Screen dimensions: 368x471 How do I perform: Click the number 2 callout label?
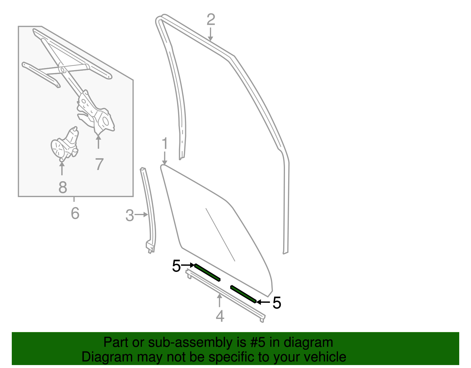tap(211, 20)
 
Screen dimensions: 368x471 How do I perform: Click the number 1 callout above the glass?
tap(165, 144)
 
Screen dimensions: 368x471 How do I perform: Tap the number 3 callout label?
tap(130, 215)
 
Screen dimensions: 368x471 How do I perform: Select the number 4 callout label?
tap(220, 316)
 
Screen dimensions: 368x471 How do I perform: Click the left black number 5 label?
tap(176, 266)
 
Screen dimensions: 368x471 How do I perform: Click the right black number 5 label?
tap(277, 303)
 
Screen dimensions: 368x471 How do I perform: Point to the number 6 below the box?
tap(75, 213)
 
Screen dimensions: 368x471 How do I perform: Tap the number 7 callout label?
tap(99, 164)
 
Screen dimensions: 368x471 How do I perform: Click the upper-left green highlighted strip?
tap(207, 273)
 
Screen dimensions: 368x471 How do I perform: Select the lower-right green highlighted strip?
tap(243, 294)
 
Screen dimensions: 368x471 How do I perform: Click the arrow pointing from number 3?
tap(142, 215)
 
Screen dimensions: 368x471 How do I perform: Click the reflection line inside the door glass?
tap(220, 235)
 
